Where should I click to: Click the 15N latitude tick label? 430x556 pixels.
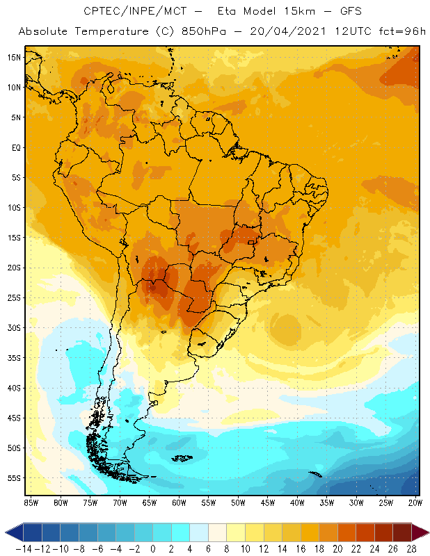13,58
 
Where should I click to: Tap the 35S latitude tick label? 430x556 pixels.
13,358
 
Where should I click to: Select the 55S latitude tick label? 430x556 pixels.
13,478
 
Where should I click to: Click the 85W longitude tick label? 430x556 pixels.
31,502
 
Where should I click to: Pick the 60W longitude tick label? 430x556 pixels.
179,502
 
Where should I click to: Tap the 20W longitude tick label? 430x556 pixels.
416,502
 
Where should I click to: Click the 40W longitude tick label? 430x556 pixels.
297,502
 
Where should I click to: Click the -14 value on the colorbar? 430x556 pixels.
24,548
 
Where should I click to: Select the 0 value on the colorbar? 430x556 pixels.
153,548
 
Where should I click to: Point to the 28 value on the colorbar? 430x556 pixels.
410,548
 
